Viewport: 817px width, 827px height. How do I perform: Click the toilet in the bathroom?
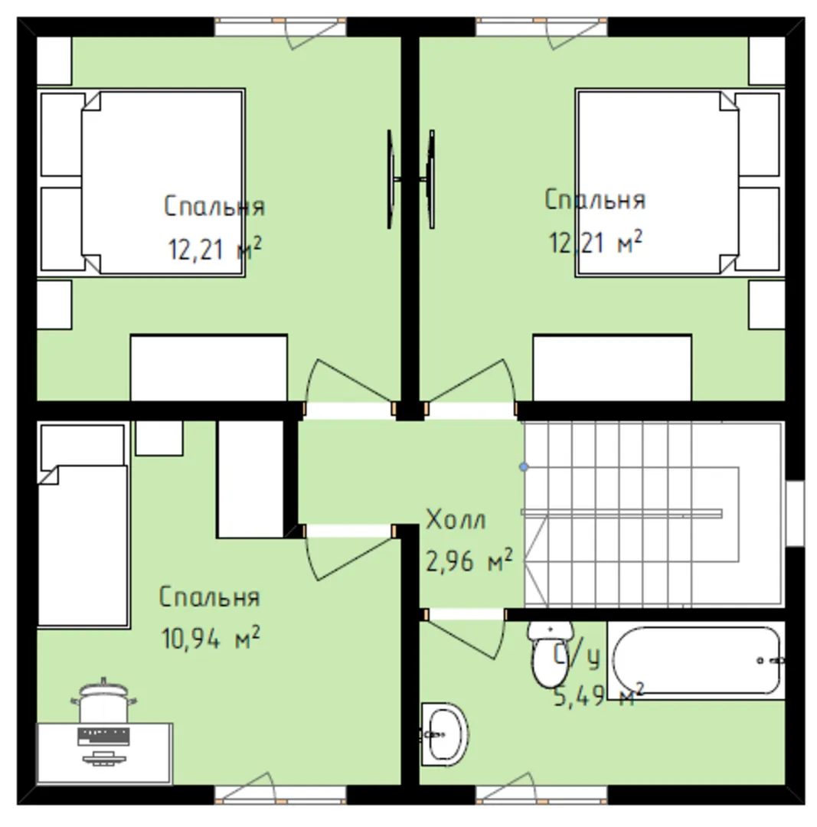[550, 654]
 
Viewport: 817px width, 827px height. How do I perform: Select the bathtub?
[696, 660]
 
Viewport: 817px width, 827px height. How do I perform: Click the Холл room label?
[456, 519]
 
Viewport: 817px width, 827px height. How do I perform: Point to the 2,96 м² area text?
[469, 560]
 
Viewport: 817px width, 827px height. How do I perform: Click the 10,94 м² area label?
[210, 637]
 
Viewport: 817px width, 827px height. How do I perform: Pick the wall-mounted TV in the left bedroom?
[391, 179]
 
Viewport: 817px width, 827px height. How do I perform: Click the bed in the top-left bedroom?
[141, 182]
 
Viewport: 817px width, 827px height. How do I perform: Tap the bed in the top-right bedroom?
[680, 182]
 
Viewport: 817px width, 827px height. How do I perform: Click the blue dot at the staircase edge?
[524, 467]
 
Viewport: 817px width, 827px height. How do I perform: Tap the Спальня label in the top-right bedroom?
[594, 200]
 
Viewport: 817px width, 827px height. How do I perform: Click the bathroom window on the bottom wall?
[541, 794]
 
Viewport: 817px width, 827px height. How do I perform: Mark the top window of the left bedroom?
[280, 27]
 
